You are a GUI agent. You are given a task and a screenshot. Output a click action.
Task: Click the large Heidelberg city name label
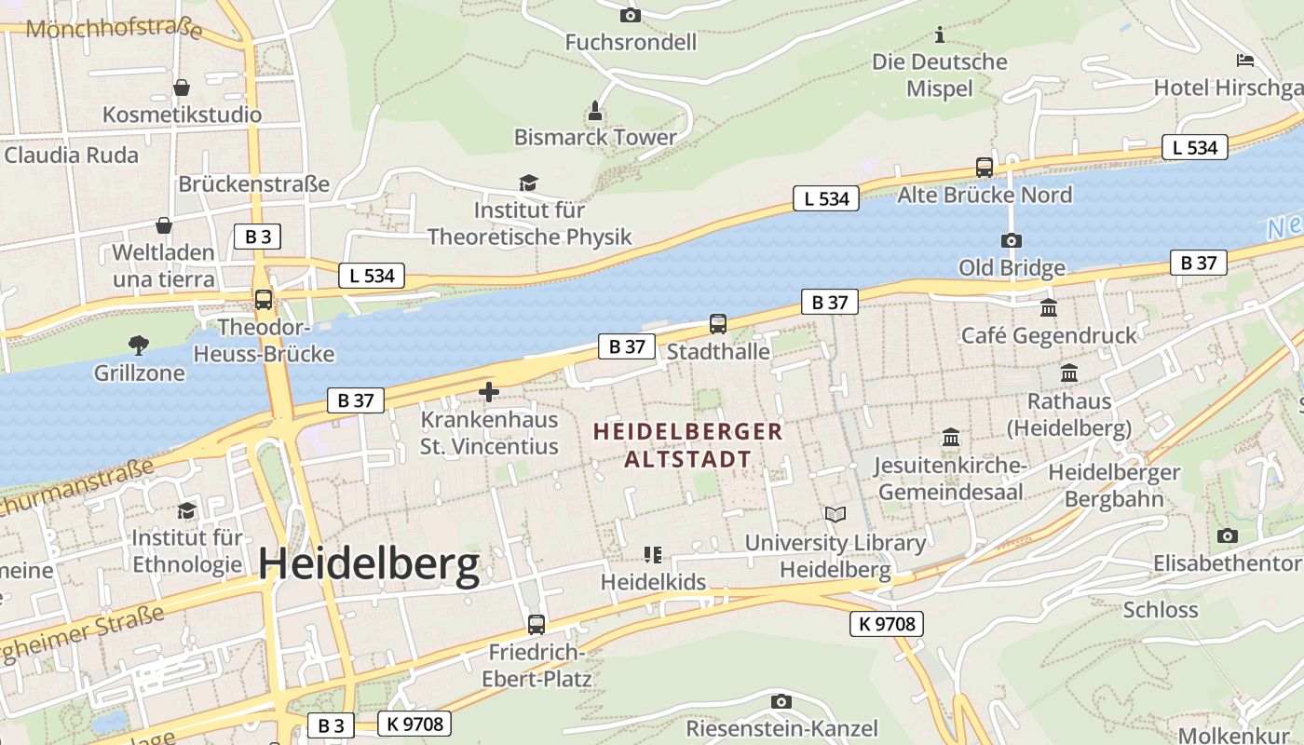point(369,564)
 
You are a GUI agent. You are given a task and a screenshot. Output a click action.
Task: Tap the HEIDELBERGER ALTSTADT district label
point(688,445)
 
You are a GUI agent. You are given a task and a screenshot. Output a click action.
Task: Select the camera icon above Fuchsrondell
point(631,15)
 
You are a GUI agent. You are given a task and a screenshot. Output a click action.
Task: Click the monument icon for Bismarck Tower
point(595,112)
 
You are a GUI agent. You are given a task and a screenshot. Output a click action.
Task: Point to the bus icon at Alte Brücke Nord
point(985,168)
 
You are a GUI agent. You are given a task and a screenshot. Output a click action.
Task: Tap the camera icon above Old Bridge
point(1012,240)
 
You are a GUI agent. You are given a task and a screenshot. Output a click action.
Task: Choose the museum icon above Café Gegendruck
point(1049,307)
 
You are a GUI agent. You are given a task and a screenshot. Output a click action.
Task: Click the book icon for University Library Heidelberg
point(835,514)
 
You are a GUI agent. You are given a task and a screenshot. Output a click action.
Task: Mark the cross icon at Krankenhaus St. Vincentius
point(489,392)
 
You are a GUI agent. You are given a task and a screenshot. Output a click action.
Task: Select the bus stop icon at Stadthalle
point(718,324)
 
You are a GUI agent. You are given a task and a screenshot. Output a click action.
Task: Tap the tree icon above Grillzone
point(139,345)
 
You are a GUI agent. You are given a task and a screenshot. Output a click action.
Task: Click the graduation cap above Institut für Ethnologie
point(187,510)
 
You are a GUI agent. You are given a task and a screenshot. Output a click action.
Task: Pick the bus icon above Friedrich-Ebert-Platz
point(537,625)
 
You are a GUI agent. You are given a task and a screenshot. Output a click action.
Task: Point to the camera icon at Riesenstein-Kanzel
point(781,701)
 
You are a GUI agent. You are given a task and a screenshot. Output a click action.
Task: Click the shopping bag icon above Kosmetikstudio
point(182,88)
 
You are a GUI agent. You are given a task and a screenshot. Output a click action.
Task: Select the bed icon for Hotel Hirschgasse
point(1245,61)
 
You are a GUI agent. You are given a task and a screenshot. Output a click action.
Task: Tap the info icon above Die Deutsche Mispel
point(940,35)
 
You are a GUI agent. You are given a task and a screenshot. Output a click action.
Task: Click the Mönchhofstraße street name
point(114,29)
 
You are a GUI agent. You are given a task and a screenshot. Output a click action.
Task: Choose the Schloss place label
point(1161,610)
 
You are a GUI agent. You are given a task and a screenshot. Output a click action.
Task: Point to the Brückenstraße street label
point(254,183)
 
